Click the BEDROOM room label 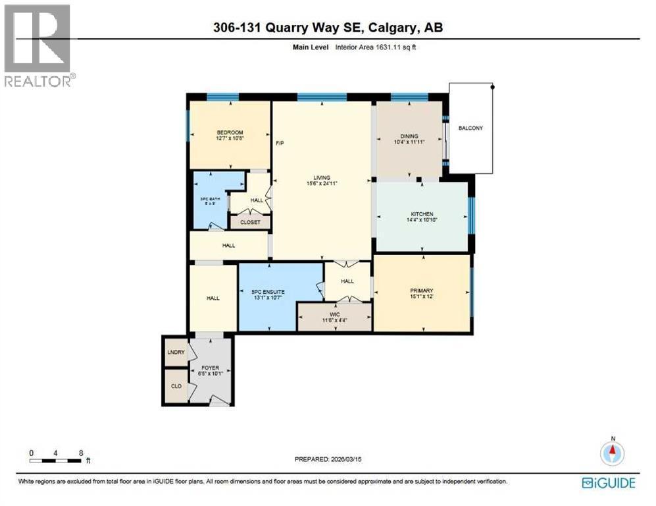pyautogui.click(x=230, y=132)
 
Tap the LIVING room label pyautogui.click(x=321, y=177)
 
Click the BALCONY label pyautogui.click(x=471, y=128)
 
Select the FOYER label pyautogui.click(x=211, y=368)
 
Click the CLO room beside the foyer pyautogui.click(x=176, y=386)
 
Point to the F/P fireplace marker pyautogui.click(x=279, y=142)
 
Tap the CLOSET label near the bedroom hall pyautogui.click(x=250, y=222)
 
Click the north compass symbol pyautogui.click(x=612, y=453)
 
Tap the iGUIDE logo pyautogui.click(x=609, y=483)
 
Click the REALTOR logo pyautogui.click(x=38, y=46)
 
